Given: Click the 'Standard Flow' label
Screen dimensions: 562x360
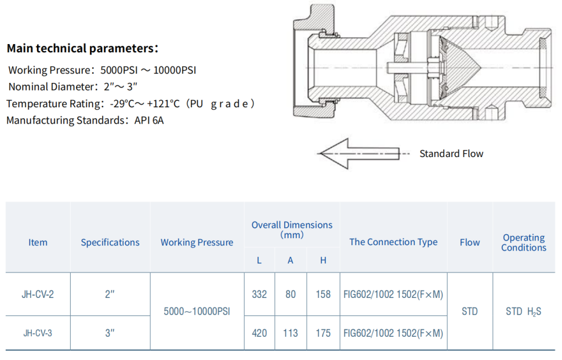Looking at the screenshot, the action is [x=451, y=154].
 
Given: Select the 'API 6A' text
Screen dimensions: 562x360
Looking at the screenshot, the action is [x=149, y=121].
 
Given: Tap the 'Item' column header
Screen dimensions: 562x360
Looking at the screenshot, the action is [x=38, y=242].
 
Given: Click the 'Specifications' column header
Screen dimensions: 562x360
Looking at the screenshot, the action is [x=110, y=242].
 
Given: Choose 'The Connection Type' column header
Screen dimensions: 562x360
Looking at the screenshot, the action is [x=394, y=242].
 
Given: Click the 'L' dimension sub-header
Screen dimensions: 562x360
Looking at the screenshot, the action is [x=259, y=260].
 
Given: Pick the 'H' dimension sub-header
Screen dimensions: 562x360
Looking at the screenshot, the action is [x=323, y=260].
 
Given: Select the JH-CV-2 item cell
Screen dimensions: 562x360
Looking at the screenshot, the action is [x=38, y=294].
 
